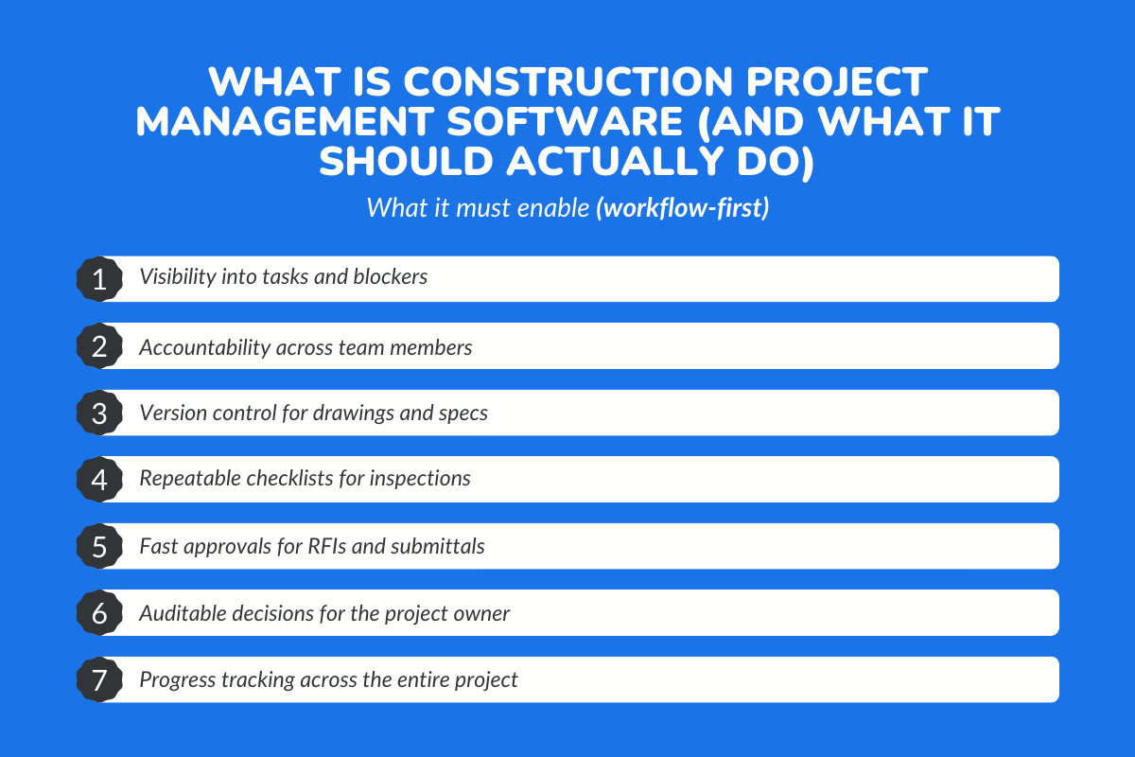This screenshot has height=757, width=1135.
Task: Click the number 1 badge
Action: (99, 279)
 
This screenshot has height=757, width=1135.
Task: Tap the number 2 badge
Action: (99, 346)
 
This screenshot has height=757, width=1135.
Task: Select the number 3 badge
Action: (99, 414)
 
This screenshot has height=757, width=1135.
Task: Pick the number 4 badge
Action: (99, 480)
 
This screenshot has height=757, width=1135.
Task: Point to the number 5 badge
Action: (99, 547)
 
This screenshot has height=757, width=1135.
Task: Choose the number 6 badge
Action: (99, 613)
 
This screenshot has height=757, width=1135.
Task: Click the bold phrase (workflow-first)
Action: (682, 207)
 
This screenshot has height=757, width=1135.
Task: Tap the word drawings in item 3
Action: (366, 414)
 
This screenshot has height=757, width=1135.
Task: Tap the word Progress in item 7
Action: (176, 680)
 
